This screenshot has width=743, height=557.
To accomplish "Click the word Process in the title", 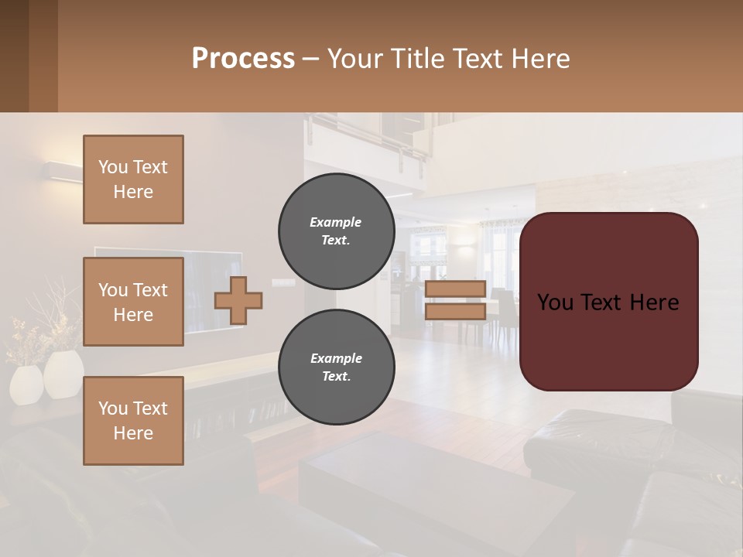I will point(243,59).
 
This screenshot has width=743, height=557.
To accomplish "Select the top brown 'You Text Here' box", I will point(133,179).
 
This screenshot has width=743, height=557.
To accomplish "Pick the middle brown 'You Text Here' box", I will point(133,302).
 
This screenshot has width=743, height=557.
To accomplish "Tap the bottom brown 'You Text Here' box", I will point(133,421).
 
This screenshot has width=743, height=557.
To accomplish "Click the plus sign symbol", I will point(238,301).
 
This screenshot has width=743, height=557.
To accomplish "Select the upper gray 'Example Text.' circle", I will point(336,231).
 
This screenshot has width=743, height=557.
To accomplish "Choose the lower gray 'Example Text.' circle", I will point(336,367).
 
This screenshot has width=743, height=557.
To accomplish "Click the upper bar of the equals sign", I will point(455,289).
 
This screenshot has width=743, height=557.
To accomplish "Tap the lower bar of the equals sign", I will point(455,311).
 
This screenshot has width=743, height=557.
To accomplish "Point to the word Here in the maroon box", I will point(653,302).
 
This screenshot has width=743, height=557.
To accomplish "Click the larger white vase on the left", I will point(63,374).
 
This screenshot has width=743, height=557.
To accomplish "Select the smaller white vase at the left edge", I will point(26,384).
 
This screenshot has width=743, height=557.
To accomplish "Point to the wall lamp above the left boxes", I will point(63,172).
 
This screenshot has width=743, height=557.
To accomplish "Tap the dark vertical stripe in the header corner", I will point(43,56).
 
